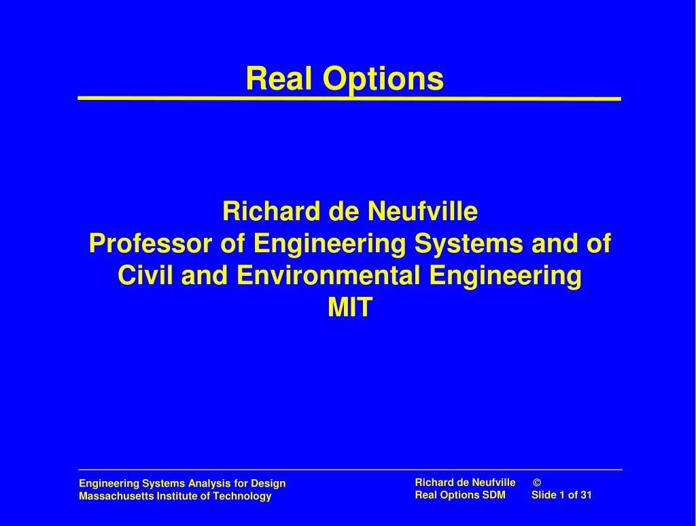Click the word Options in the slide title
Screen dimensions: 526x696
[x=383, y=80]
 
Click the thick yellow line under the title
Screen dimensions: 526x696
[x=349, y=99]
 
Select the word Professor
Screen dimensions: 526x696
[x=145, y=243]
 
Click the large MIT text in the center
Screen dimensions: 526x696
[x=350, y=308]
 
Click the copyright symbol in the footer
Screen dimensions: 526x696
[x=537, y=483]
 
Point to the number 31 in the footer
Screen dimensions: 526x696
[x=586, y=495]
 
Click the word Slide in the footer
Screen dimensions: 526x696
[x=544, y=495]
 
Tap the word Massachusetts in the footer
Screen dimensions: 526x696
[x=111, y=496]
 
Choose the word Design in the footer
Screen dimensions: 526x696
[x=268, y=484]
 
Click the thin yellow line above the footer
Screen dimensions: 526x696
[x=349, y=470]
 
